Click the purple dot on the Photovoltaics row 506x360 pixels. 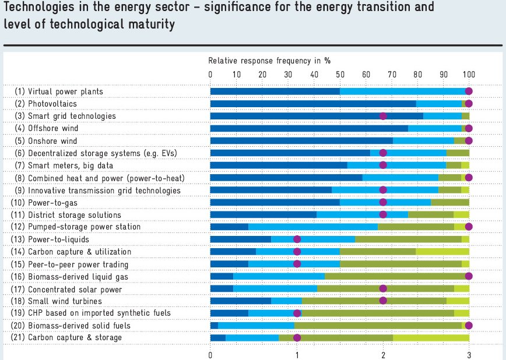point(469,104)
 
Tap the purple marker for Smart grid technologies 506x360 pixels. point(383,116)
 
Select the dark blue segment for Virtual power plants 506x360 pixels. point(275,91)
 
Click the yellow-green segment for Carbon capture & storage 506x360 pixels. point(431,337)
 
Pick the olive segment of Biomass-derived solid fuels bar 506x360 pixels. point(378,325)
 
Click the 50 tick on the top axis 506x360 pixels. point(340,74)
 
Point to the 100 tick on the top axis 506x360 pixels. point(469,74)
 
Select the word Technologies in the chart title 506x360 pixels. point(36,8)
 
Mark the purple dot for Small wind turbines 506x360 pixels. point(383,301)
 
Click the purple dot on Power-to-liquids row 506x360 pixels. point(297,239)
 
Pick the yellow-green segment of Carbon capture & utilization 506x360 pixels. point(442,252)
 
